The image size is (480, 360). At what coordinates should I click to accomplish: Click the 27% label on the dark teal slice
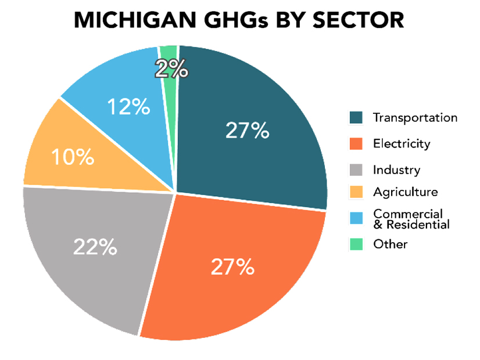(x=247, y=131)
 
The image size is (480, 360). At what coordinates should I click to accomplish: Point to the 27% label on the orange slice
(x=232, y=267)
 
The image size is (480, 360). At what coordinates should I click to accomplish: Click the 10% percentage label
(x=72, y=157)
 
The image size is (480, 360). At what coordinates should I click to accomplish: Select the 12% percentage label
(x=127, y=107)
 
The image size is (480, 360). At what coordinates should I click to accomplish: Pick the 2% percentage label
(x=171, y=69)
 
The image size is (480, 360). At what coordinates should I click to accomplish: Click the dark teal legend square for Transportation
(x=356, y=118)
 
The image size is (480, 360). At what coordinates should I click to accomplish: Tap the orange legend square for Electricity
(x=356, y=143)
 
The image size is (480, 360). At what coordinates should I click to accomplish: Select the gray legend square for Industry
(x=356, y=170)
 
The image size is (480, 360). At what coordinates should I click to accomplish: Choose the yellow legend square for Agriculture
(x=356, y=192)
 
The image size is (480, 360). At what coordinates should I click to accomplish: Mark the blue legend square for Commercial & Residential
(x=356, y=218)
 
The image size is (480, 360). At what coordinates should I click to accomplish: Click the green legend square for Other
(x=356, y=244)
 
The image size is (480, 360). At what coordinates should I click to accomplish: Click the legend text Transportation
(x=415, y=118)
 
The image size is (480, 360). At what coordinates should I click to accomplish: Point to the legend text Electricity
(x=402, y=143)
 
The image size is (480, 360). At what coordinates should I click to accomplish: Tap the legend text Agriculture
(x=405, y=192)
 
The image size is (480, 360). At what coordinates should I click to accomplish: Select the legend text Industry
(x=396, y=170)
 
